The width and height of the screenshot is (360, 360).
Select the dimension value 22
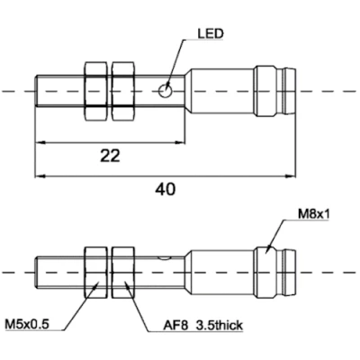click(109, 155)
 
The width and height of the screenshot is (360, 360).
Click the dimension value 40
click(165, 189)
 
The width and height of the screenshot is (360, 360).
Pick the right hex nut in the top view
click(124, 91)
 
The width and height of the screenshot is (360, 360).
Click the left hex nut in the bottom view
click(96, 271)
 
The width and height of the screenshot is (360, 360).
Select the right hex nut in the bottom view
click(124, 271)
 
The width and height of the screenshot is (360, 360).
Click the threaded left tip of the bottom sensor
click(49, 271)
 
